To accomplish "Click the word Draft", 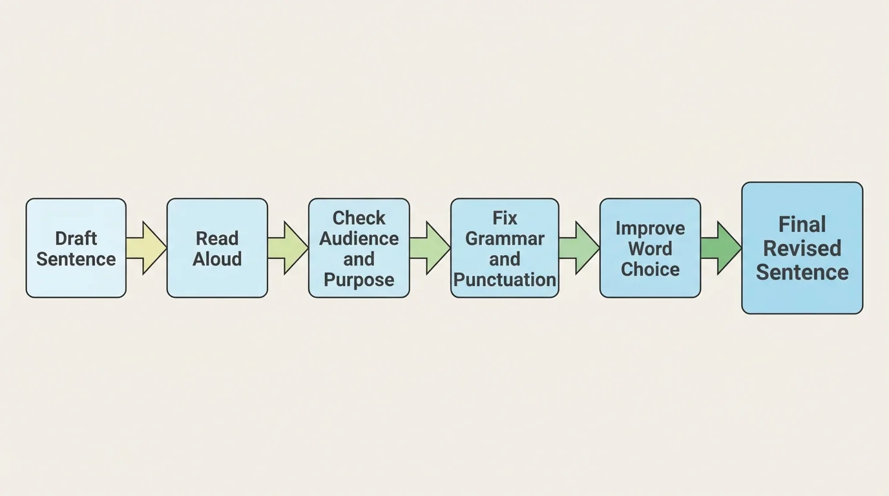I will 76,238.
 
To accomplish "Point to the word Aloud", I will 217,259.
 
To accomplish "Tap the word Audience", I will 359,238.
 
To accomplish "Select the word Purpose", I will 359,280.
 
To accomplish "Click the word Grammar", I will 505,238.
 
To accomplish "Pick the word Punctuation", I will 505,280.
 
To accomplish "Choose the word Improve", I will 650,228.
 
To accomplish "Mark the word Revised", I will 802,249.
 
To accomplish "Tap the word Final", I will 802,225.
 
